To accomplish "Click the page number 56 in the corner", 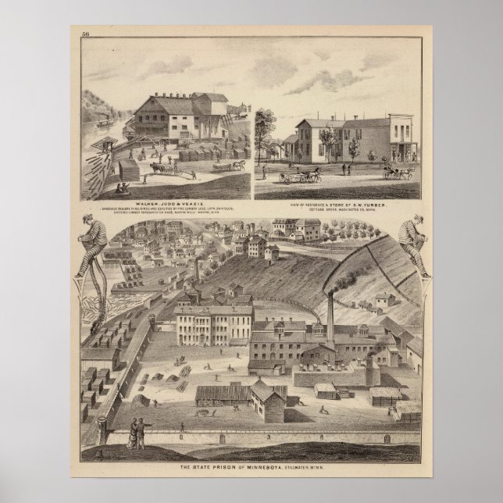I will pyautogui.click(x=85, y=32).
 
